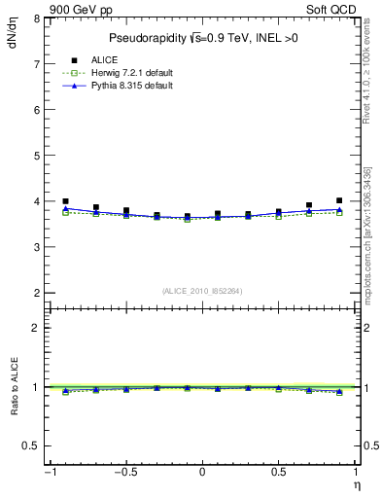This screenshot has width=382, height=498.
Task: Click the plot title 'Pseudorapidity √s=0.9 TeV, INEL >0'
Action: tap(202, 38)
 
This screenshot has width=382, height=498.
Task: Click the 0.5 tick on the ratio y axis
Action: tap(31, 445)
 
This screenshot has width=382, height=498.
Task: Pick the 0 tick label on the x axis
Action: tap(202, 473)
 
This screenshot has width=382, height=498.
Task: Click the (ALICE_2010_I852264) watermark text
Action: tap(202, 290)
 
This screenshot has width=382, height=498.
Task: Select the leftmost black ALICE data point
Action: tap(65, 201)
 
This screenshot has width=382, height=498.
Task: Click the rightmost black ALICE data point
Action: tap(339, 200)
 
